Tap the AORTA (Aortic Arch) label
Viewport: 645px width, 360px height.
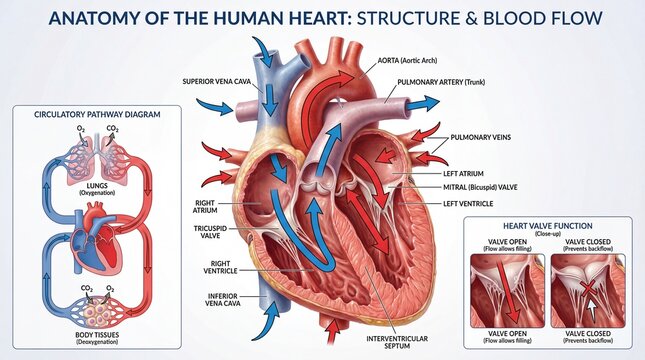(x=413, y=61)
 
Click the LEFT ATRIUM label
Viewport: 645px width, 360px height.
(x=468, y=173)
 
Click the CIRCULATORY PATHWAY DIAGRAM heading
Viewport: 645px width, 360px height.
(x=96, y=114)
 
